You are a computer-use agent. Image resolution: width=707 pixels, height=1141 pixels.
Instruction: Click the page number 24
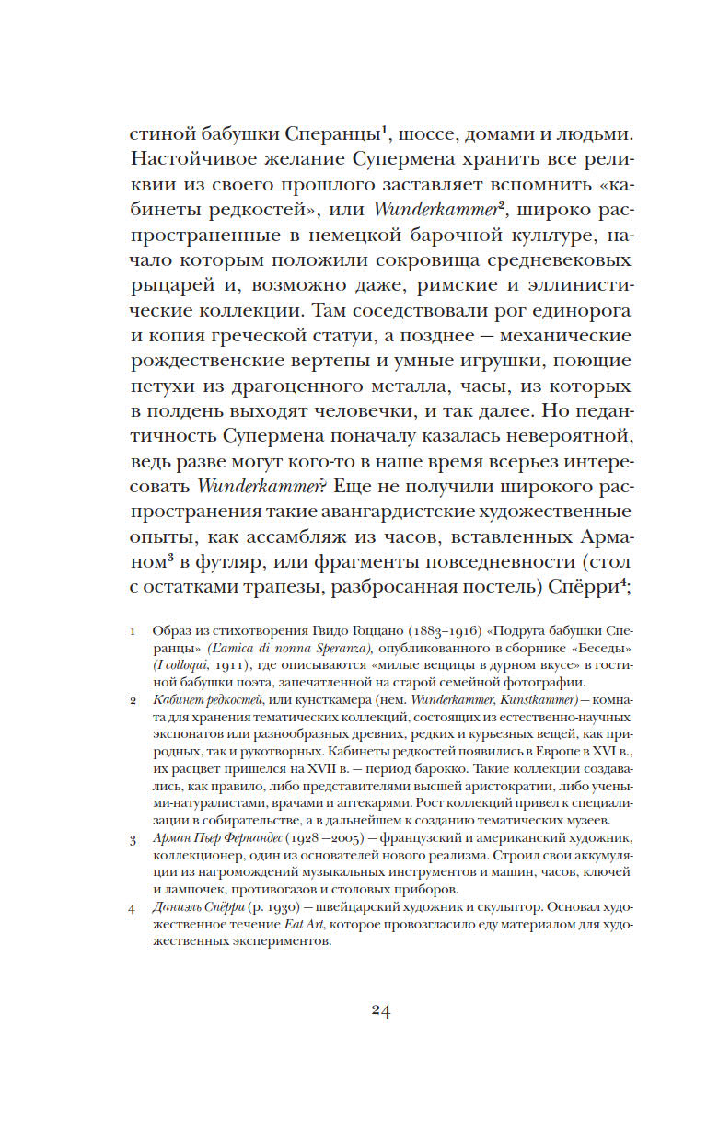click(x=381, y=1011)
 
